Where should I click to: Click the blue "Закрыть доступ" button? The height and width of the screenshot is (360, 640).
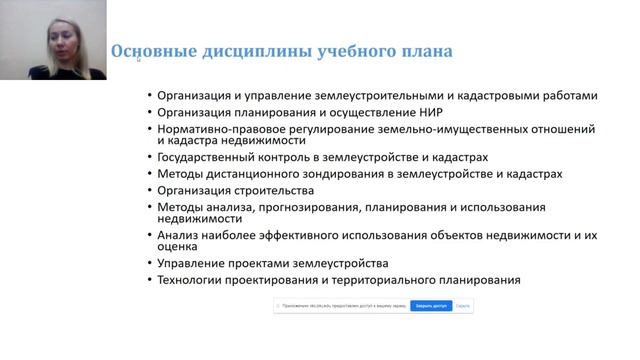tap(430, 306)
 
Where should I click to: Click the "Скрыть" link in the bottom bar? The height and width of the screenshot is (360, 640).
tap(462, 306)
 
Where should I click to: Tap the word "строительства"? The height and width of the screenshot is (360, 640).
tap(276, 190)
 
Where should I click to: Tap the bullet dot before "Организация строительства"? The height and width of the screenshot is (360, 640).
tap(148, 190)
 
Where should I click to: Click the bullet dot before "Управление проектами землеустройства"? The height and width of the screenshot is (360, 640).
tap(148, 264)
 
